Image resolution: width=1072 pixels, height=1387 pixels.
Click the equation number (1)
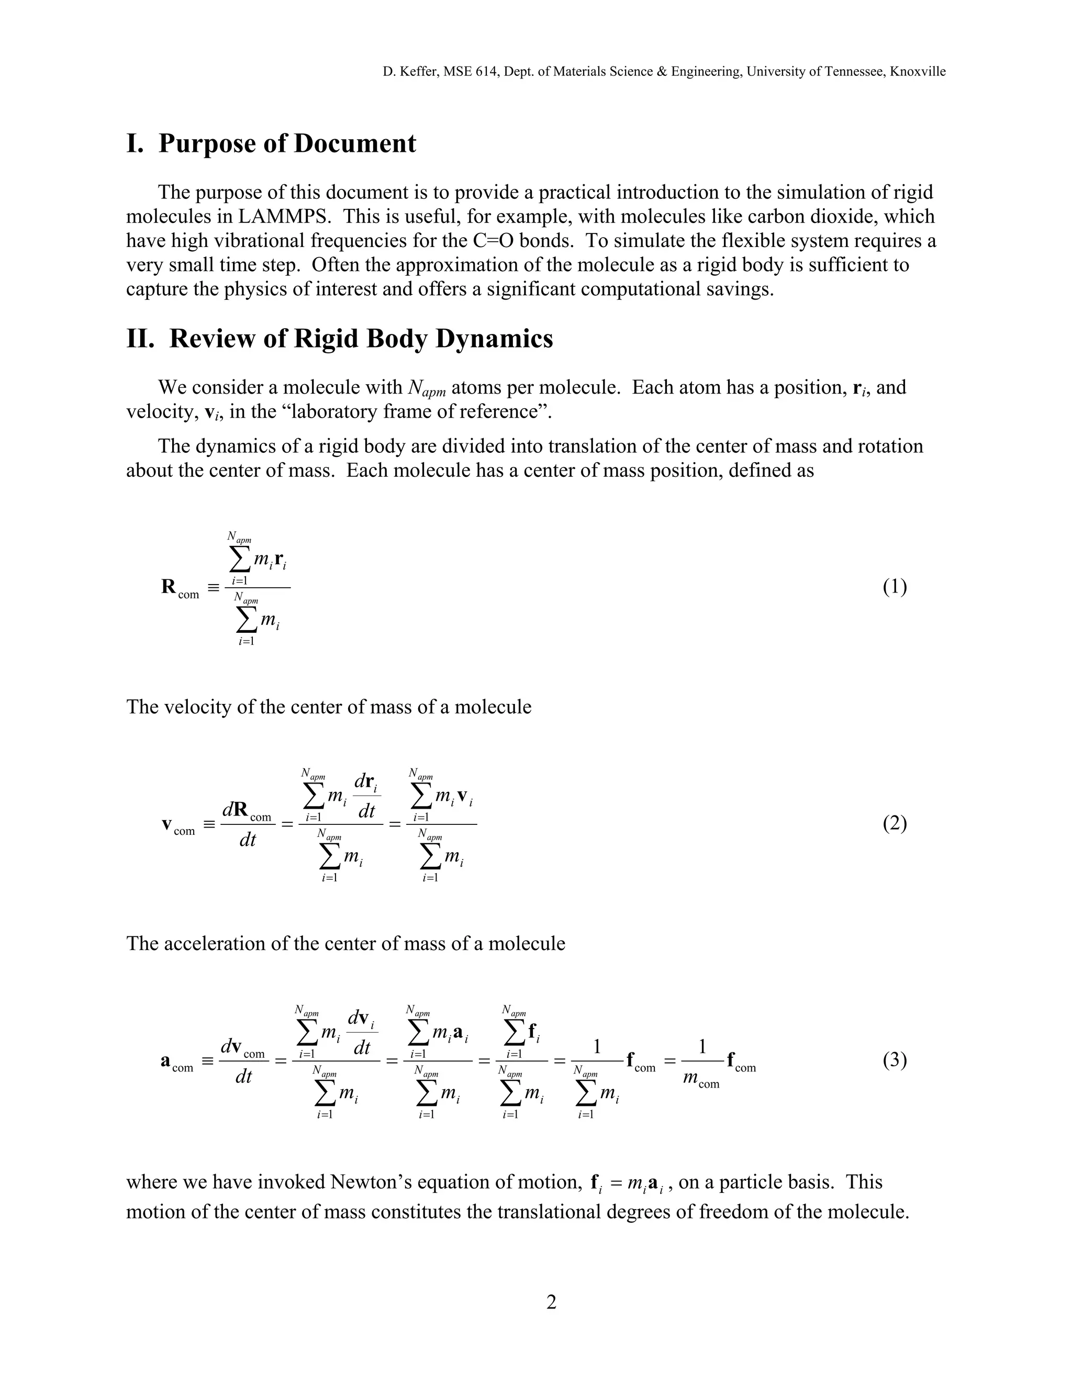tap(894, 587)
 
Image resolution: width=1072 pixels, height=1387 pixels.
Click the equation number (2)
tap(894, 824)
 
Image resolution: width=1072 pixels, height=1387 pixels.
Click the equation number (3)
tap(894, 1060)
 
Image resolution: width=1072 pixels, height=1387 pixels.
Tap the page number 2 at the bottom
tap(551, 1303)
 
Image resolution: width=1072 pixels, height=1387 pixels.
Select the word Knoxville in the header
tap(918, 72)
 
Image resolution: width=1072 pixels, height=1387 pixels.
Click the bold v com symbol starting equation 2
tap(178, 825)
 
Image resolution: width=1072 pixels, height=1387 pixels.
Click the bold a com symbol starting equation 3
tap(176, 1062)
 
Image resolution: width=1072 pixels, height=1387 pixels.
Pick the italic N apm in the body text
tap(426, 388)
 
